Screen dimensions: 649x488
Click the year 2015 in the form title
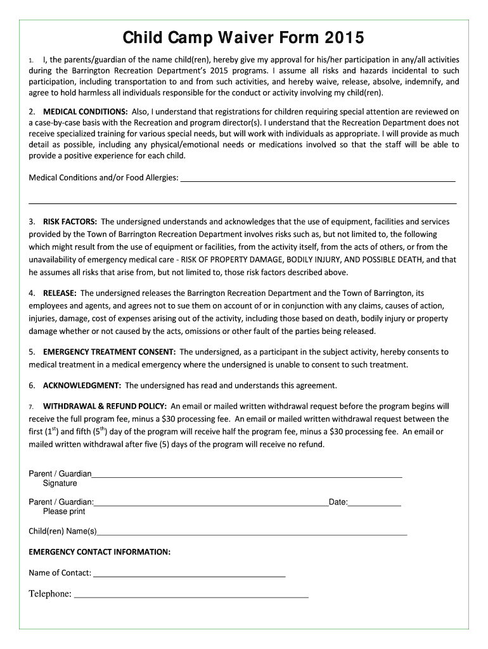pos(343,38)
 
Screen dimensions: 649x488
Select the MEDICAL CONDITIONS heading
pos(86,112)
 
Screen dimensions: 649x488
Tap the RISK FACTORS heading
pos(70,222)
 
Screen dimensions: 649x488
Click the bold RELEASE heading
pos(60,293)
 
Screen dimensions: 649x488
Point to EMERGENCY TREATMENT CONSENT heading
pos(109,352)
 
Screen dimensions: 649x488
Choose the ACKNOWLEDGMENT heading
pos(82,385)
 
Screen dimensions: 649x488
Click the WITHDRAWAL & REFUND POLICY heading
pos(105,406)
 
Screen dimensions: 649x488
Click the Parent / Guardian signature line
pos(247,475)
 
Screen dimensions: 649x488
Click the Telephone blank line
pos(191,594)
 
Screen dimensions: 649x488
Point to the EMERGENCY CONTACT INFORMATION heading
pos(100,552)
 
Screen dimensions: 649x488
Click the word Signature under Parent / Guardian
pos(60,484)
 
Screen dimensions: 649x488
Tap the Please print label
pos(64,511)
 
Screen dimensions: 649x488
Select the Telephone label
pos(49,594)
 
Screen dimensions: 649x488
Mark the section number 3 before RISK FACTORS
pos(32,222)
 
